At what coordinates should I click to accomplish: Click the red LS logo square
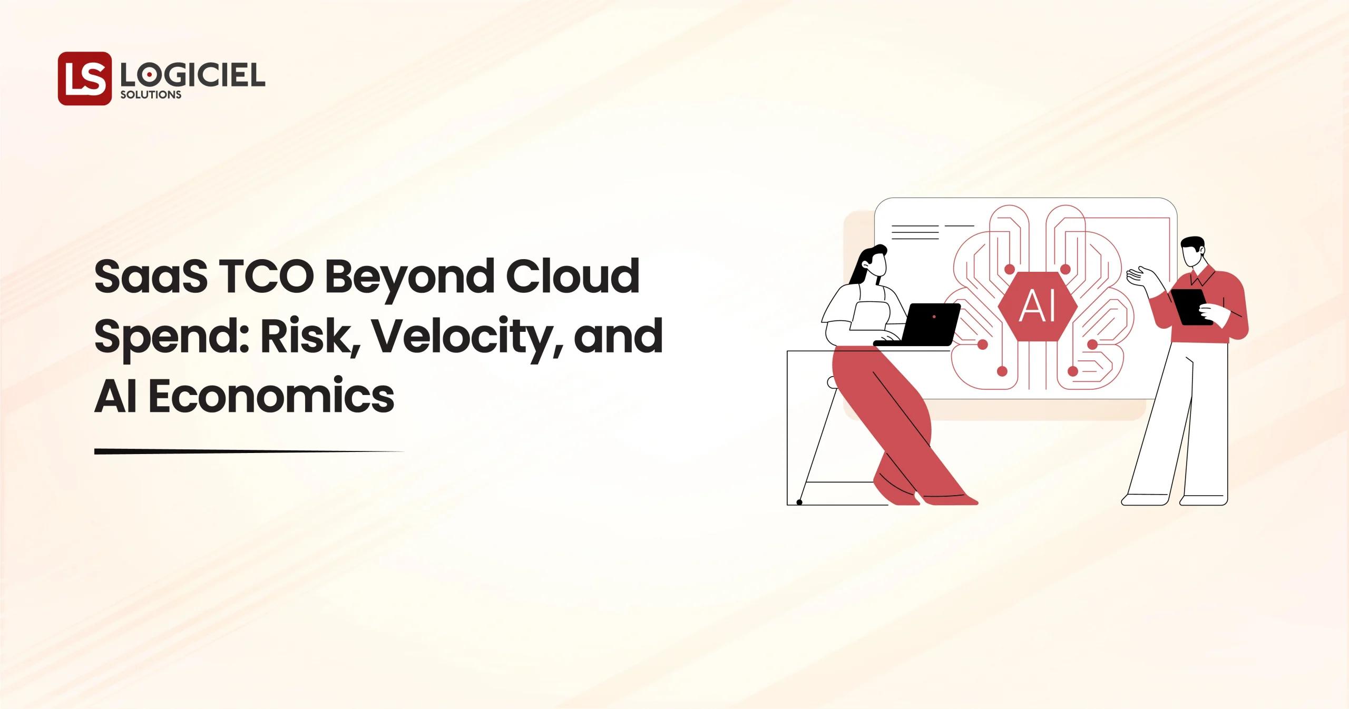click(84, 78)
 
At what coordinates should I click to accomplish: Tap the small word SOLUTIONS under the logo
click(151, 95)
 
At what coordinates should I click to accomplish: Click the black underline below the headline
click(248, 451)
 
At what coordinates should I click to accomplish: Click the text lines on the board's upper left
click(915, 232)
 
